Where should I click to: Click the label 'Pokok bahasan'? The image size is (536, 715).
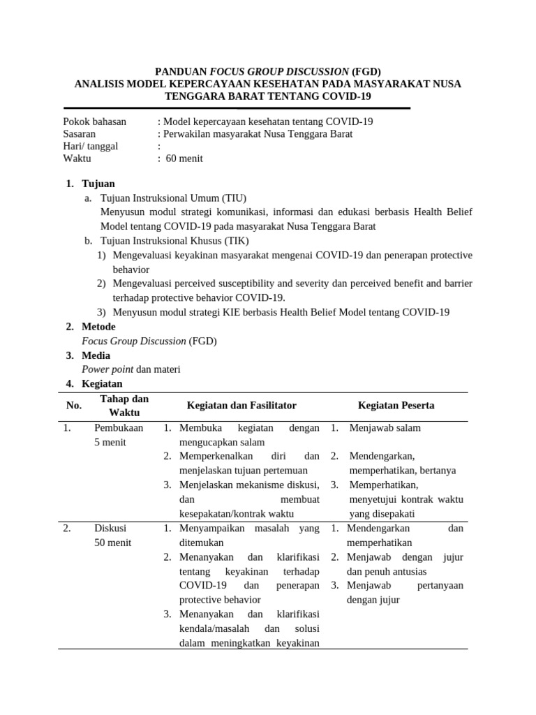[x=95, y=121]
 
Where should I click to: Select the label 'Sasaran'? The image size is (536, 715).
[x=80, y=134]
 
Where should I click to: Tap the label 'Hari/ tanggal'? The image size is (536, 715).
[x=91, y=147]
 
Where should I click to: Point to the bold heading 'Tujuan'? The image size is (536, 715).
[x=98, y=184]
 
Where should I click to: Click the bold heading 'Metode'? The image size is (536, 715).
[x=98, y=327]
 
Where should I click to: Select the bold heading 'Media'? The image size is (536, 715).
[x=96, y=355]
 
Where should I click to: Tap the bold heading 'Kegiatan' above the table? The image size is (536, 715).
[x=102, y=384]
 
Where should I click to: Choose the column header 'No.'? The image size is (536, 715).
[x=74, y=406]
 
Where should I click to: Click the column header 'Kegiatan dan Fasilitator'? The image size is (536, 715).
[x=241, y=406]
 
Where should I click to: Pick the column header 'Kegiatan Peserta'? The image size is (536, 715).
[x=396, y=406]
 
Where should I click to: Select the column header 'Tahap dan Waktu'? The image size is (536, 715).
[x=124, y=406]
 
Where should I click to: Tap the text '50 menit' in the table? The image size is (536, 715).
[x=112, y=543]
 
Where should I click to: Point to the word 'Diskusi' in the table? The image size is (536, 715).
[x=110, y=529]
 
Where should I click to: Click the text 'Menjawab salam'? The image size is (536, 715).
[x=385, y=428]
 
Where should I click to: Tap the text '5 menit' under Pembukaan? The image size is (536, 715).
[x=110, y=442]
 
